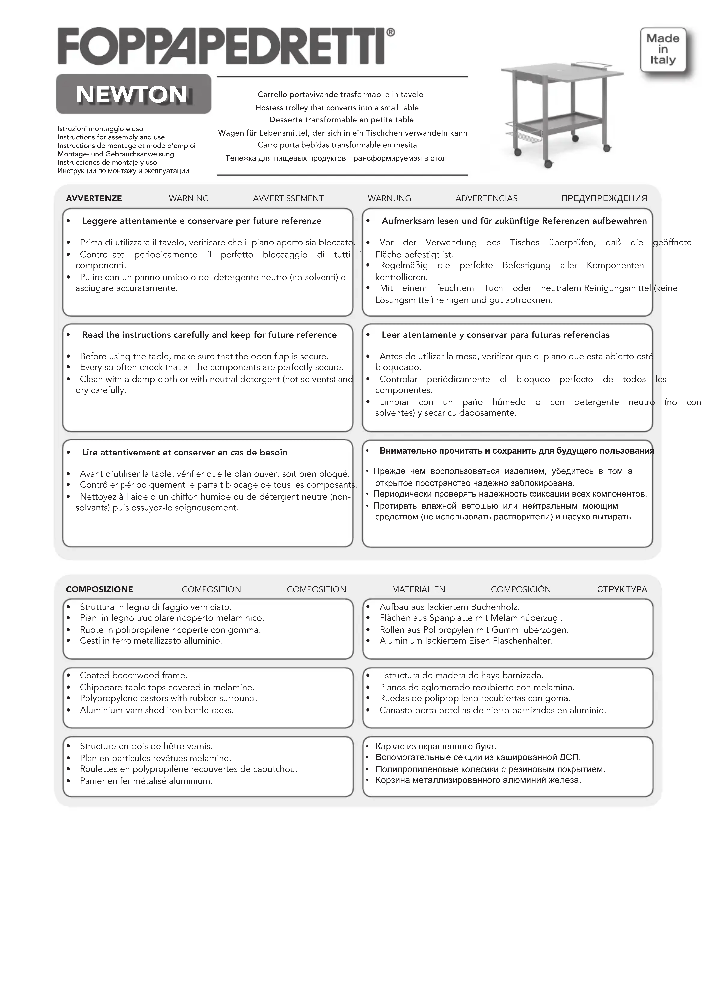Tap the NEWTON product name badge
pyautogui.click(x=133, y=94)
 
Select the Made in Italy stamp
pyautogui.click(x=663, y=49)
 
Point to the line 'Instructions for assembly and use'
pyautogui.click(x=111, y=137)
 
